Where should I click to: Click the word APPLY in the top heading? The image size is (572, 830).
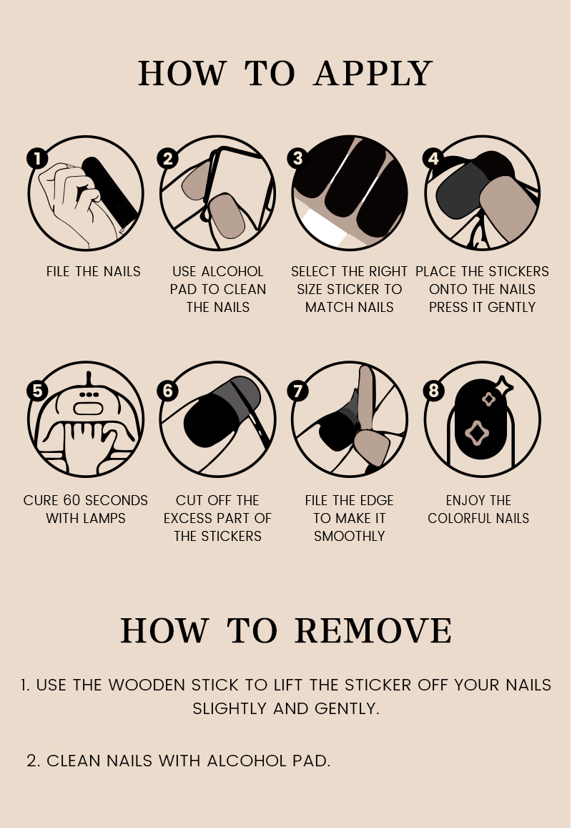(x=373, y=73)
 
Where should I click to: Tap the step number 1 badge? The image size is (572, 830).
(x=37, y=158)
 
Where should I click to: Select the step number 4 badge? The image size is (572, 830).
(x=433, y=158)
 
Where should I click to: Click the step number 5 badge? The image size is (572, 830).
(x=37, y=391)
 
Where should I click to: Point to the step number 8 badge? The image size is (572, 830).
(x=433, y=391)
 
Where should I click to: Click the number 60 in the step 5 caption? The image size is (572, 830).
(x=72, y=500)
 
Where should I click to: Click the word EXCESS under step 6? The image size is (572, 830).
(x=187, y=518)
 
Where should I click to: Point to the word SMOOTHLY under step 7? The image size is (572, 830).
(x=349, y=536)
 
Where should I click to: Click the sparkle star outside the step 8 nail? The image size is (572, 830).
(x=503, y=386)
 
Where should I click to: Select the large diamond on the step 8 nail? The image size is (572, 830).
(x=477, y=432)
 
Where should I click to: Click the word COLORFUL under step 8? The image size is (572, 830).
(x=461, y=518)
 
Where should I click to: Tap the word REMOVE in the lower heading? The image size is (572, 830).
(x=373, y=630)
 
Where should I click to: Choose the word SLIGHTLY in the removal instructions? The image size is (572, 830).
(x=230, y=708)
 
